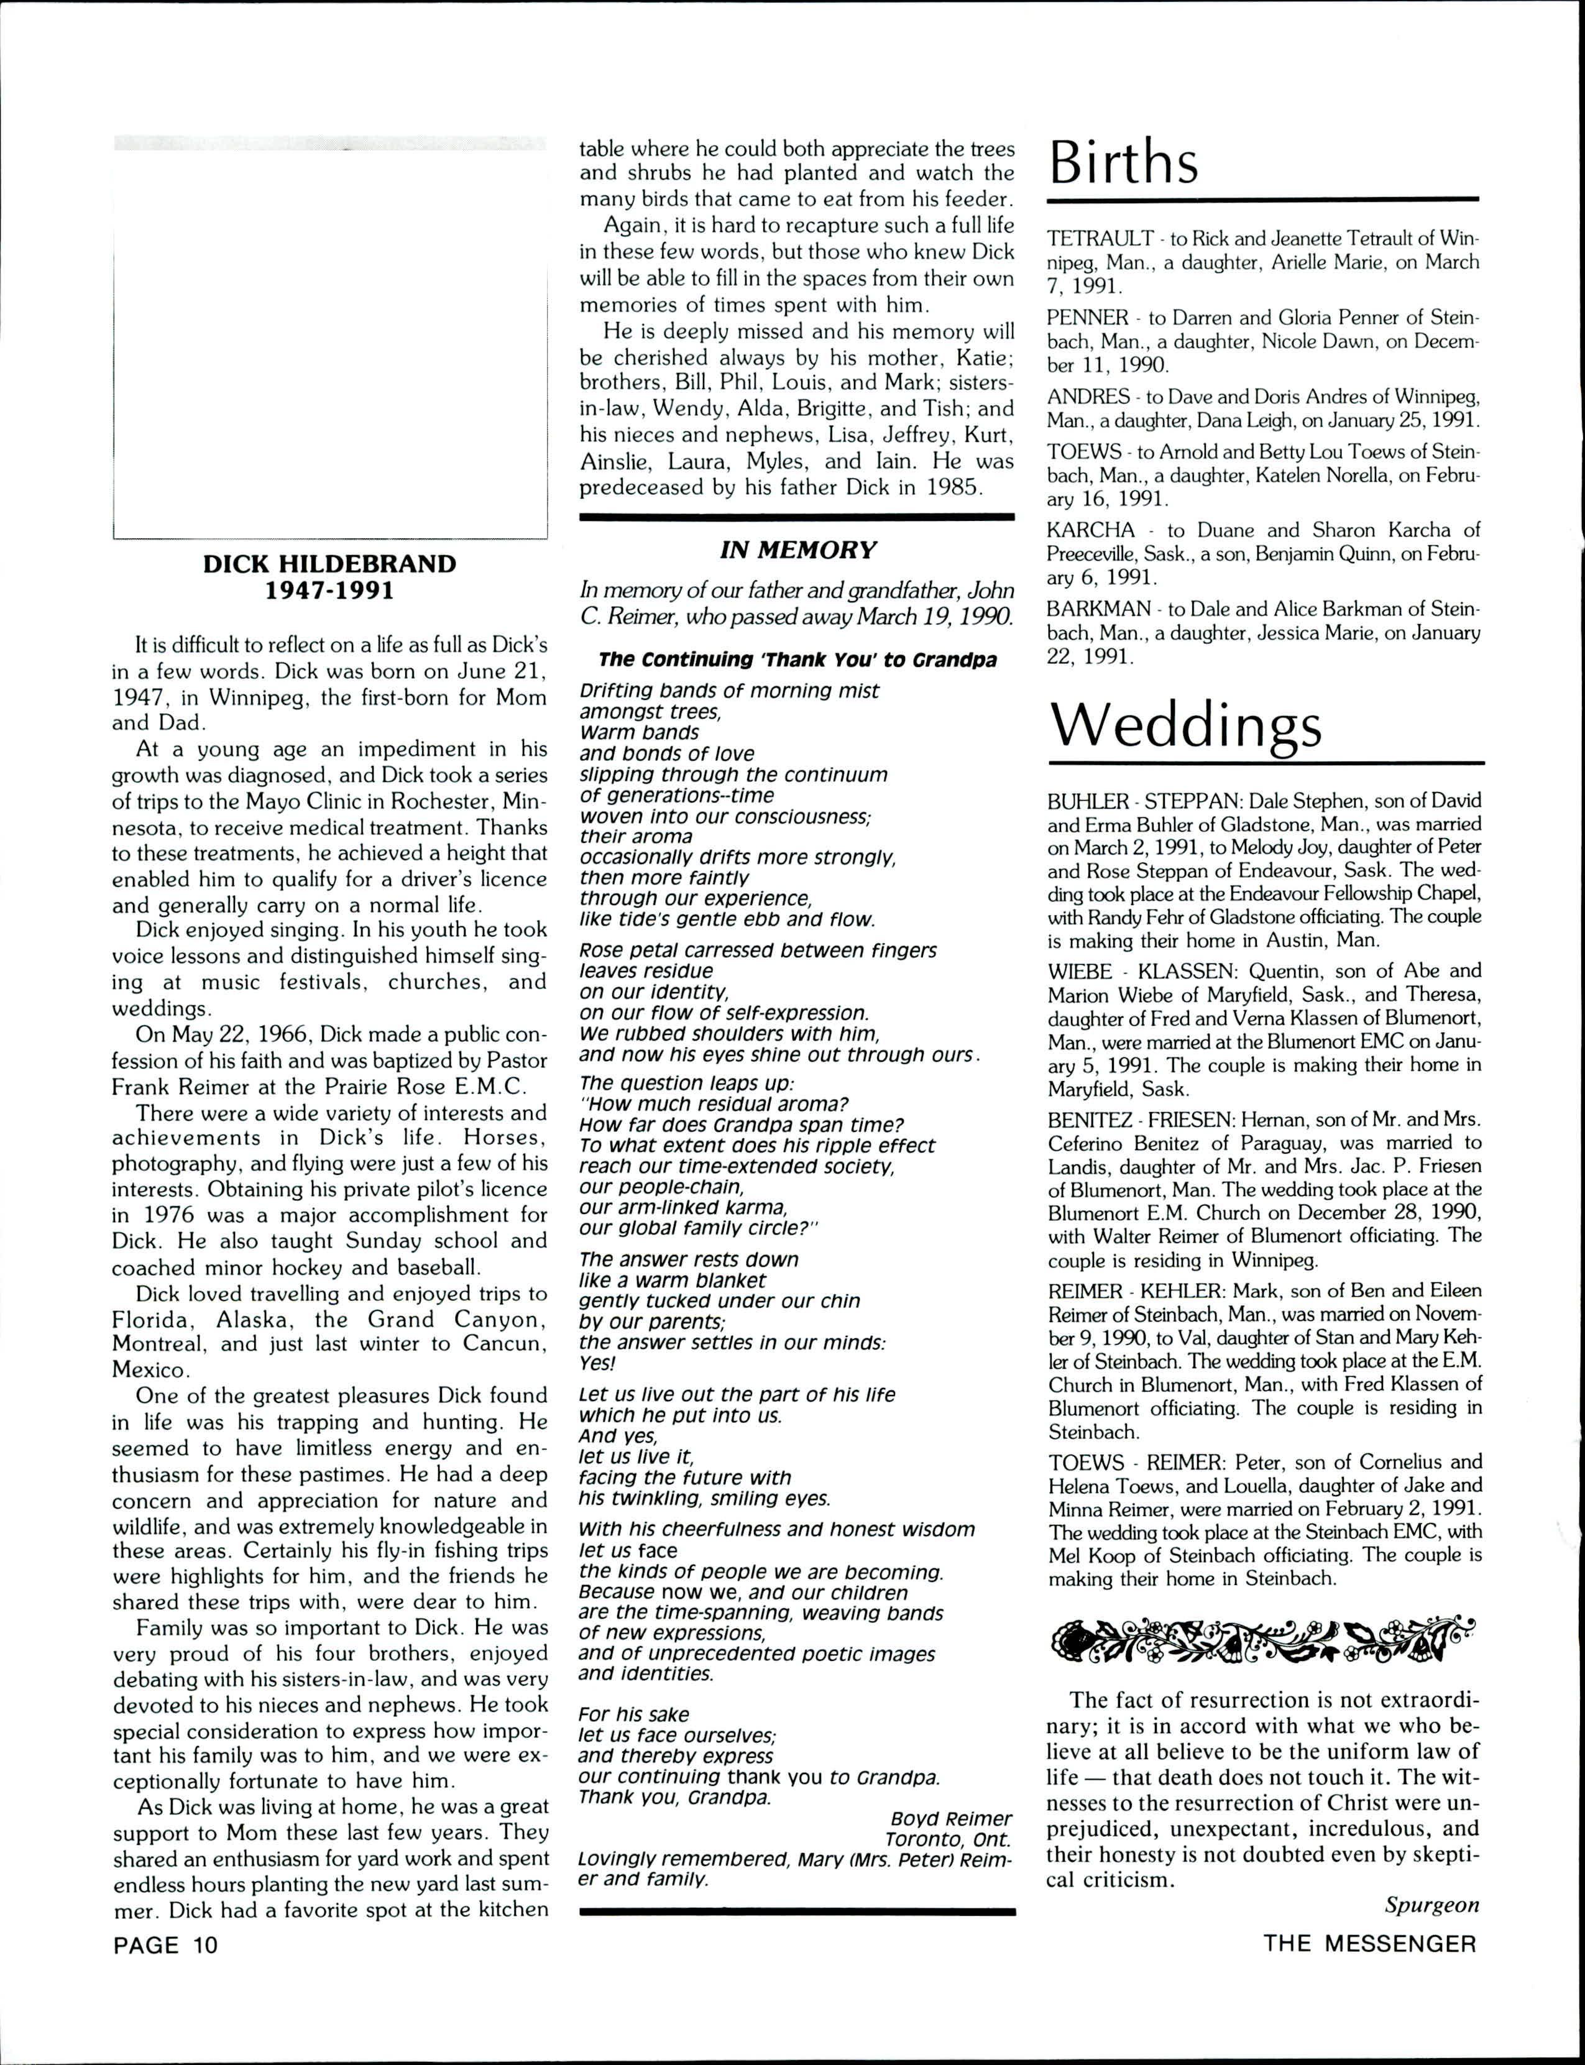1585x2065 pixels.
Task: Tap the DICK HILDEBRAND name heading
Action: point(329,564)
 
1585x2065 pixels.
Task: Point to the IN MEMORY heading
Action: point(797,549)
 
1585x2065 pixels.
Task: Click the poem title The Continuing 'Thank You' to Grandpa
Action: point(797,660)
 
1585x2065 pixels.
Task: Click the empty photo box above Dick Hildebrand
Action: point(329,339)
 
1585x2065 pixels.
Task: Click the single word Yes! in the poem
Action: point(597,1363)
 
